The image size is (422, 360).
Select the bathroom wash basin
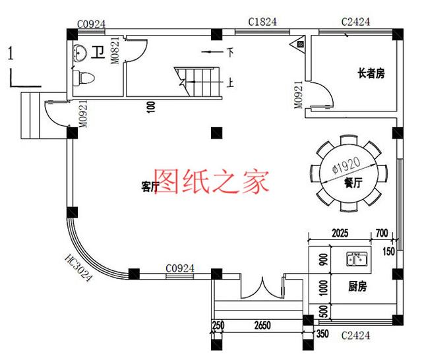coord(81,52)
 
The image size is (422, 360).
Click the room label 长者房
coord(371,74)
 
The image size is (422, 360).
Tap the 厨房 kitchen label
coord(357,287)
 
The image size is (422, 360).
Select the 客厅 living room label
coord(150,187)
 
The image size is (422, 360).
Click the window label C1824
coord(262,22)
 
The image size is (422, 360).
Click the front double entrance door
coord(262,289)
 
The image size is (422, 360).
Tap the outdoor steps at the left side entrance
coord(32,115)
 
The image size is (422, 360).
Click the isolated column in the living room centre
coord(216,132)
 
